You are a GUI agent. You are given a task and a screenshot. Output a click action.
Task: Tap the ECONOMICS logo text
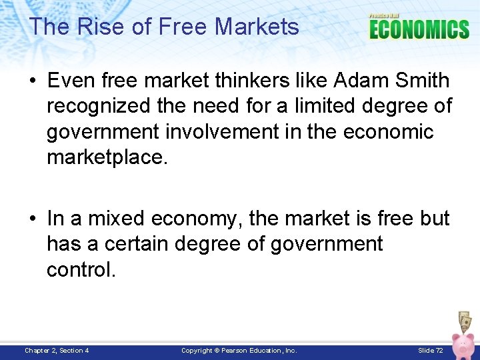click(419, 29)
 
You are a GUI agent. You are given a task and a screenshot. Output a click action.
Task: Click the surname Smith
click(423, 81)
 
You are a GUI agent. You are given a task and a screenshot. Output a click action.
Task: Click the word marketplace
click(106, 157)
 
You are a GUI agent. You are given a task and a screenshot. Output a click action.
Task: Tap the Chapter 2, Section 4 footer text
click(57, 350)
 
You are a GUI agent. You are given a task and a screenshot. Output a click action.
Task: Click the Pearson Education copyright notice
click(239, 350)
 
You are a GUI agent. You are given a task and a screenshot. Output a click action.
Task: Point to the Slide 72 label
click(431, 350)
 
